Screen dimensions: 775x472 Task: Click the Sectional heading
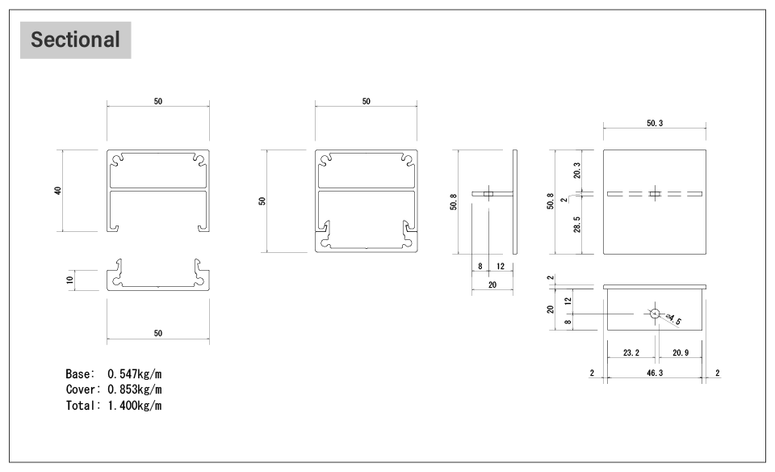[75, 40]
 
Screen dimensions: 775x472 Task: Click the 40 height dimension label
[58, 191]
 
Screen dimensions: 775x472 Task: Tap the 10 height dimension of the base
[69, 280]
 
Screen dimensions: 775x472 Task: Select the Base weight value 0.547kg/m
[135, 374]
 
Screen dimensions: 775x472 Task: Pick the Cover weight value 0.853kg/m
[135, 390]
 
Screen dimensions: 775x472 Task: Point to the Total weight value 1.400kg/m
[135, 406]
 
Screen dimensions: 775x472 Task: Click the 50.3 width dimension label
[655, 123]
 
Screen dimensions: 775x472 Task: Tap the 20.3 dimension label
[576, 171]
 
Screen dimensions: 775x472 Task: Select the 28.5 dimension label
[576, 224]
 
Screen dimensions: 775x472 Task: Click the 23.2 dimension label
[631, 352]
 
